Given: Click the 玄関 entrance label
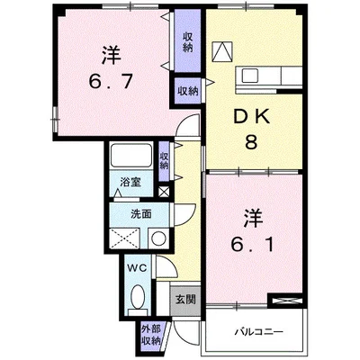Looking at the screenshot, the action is [x=185, y=300].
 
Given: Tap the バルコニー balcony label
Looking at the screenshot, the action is [x=258, y=332].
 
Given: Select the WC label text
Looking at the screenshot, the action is [x=138, y=268].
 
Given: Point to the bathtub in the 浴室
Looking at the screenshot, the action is [x=130, y=156].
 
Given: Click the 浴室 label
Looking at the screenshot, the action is [x=130, y=182].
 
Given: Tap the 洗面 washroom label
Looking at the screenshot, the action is [x=141, y=214].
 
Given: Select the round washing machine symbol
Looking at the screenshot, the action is [x=158, y=238].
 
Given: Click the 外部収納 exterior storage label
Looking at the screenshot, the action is [x=151, y=335].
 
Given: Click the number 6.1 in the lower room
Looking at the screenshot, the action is [x=252, y=245].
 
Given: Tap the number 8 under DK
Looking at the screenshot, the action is [x=251, y=142].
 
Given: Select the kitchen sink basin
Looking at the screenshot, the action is [x=250, y=75].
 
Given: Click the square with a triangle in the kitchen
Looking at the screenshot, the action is [x=222, y=51].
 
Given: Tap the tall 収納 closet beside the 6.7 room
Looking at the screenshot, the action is [x=187, y=41].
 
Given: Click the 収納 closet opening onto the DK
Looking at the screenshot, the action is [x=187, y=91].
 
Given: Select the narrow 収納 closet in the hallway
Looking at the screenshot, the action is [x=164, y=161].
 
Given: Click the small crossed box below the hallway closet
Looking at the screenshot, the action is [x=164, y=192].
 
